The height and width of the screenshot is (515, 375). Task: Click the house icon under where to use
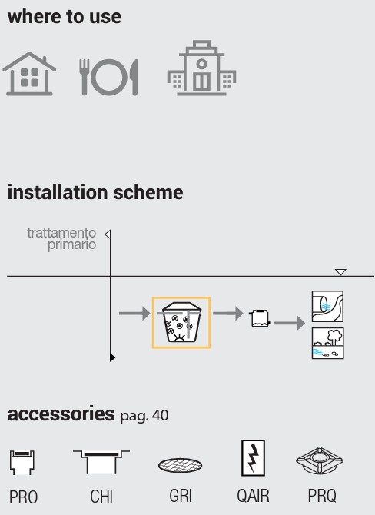tap(29, 74)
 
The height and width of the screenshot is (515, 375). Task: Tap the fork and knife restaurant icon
tap(108, 77)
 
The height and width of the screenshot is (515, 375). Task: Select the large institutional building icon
tap(201, 68)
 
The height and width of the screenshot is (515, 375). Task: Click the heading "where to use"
tap(65, 16)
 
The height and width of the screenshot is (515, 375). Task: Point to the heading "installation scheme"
tap(95, 192)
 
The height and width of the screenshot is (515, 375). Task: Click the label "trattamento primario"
tap(61, 238)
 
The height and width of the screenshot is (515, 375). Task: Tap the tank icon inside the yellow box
tap(181, 322)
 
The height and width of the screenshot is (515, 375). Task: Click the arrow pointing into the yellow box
tap(134, 313)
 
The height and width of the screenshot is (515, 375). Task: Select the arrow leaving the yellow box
tap(228, 313)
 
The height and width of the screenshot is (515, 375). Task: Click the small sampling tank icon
tap(260, 318)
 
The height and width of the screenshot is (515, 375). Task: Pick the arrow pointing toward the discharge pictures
tap(289, 323)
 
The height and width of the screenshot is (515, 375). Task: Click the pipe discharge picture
tap(327, 306)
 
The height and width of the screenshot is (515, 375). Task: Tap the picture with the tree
tap(327, 343)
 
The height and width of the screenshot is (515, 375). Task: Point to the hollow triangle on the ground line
tap(340, 272)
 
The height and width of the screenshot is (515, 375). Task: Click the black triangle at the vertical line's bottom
tap(112, 357)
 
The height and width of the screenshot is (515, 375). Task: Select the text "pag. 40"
tap(144, 416)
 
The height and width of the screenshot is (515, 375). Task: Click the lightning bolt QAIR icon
tap(253, 458)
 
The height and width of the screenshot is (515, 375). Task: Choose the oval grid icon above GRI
tap(181, 465)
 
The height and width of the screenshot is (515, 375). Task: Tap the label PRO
tap(23, 497)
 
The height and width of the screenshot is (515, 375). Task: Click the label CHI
tap(101, 497)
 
